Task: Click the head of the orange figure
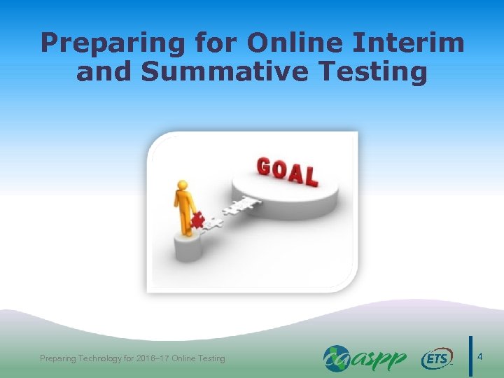click(183, 186)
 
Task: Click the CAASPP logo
click(365, 358)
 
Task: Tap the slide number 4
click(479, 358)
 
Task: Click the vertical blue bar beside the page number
click(470, 357)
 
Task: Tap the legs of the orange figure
click(184, 223)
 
